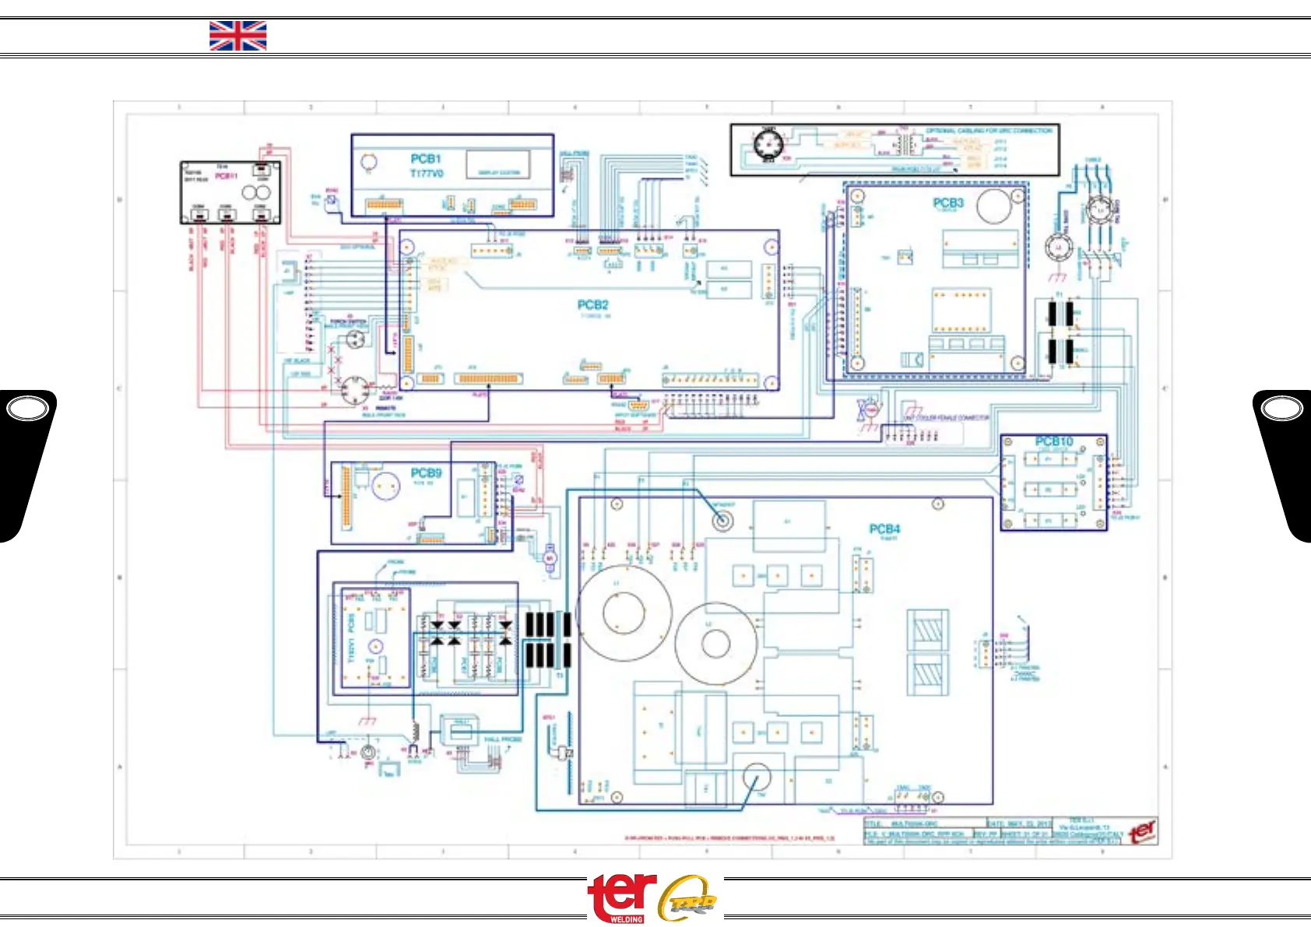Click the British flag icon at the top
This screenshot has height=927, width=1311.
point(237,36)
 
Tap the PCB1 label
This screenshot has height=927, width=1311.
point(426,159)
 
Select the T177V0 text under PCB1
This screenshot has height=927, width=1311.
point(427,173)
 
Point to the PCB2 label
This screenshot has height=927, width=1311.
point(592,305)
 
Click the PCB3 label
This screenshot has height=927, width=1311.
point(948,202)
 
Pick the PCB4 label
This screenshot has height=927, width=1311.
point(884,529)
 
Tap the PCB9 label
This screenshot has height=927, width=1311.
point(426,472)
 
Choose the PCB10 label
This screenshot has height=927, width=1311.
point(1053,441)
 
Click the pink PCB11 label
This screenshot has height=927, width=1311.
point(226,176)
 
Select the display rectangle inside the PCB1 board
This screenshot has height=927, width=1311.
point(498,165)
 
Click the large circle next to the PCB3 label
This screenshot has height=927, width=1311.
point(993,205)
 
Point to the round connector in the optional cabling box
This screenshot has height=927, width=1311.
point(768,145)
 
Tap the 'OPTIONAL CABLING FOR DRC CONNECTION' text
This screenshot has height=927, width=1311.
point(989,131)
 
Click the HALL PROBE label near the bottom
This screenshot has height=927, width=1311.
point(502,739)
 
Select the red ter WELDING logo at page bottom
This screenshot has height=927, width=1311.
point(621,897)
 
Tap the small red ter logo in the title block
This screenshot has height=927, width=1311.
point(1142,831)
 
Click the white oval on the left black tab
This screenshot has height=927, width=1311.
point(27,408)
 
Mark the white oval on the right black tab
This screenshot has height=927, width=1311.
point(1281,408)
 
